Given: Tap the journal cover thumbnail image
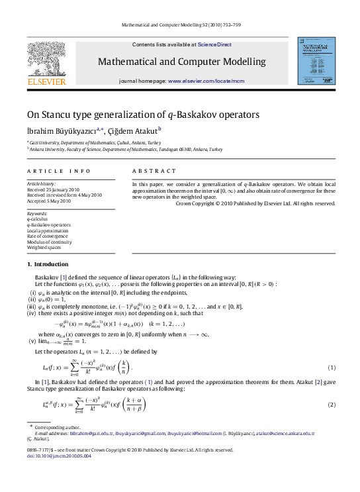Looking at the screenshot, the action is click(x=315, y=61).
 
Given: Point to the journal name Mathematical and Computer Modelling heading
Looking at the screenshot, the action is click(x=181, y=62).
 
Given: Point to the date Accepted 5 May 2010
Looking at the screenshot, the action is click(x=48, y=201).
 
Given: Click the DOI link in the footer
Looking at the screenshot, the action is click(x=58, y=456).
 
